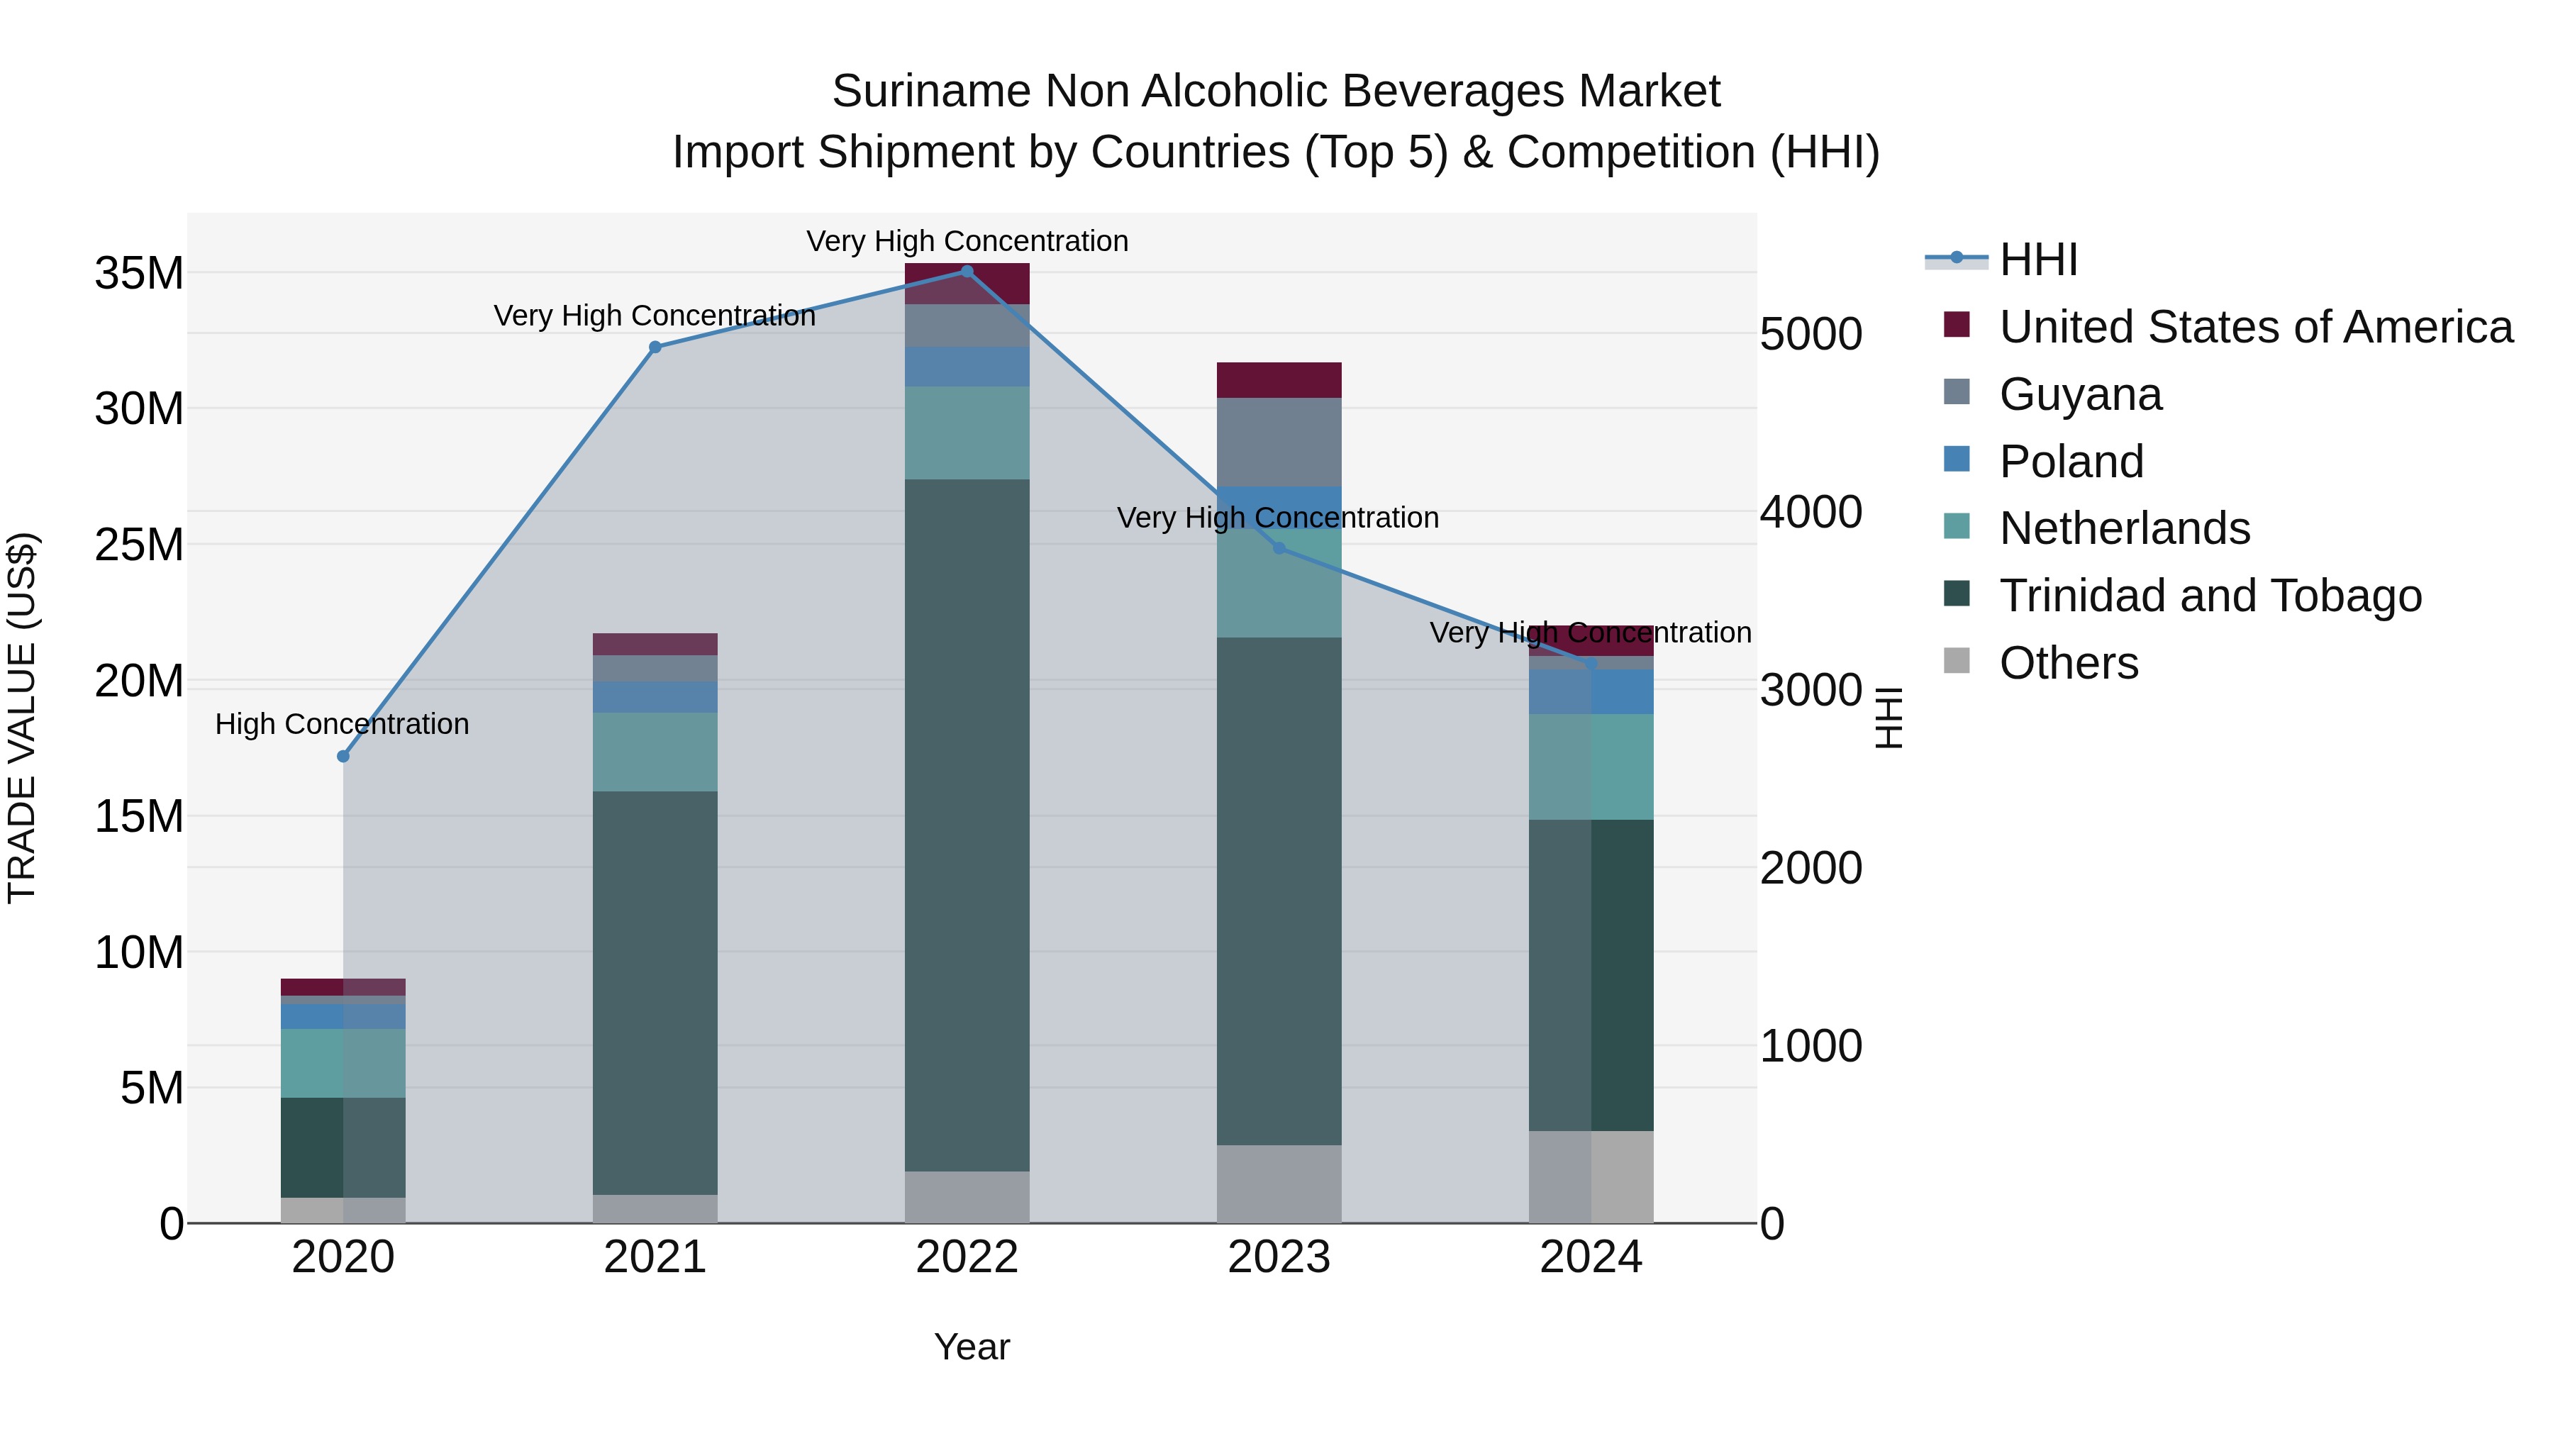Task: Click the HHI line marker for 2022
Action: (x=967, y=272)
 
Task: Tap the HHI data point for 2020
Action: (x=343, y=756)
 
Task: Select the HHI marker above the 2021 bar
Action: (x=655, y=347)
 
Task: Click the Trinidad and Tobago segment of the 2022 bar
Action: (x=967, y=825)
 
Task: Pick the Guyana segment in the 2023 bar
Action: (x=1279, y=442)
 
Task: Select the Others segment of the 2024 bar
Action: (x=1591, y=1176)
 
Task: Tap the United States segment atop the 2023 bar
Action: (x=1279, y=379)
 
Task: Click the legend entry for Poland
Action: (x=2071, y=462)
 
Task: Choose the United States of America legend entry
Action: (x=2256, y=327)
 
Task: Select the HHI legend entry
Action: (x=2037, y=260)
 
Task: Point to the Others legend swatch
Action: (x=1957, y=661)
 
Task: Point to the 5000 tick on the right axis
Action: (x=1811, y=334)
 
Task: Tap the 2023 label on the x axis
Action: (x=1279, y=1257)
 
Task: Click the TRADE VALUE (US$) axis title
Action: (x=22, y=718)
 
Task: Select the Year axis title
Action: (x=972, y=1347)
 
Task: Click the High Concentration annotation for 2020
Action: (x=342, y=725)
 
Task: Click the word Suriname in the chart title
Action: (x=930, y=91)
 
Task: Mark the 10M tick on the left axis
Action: (x=139, y=952)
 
